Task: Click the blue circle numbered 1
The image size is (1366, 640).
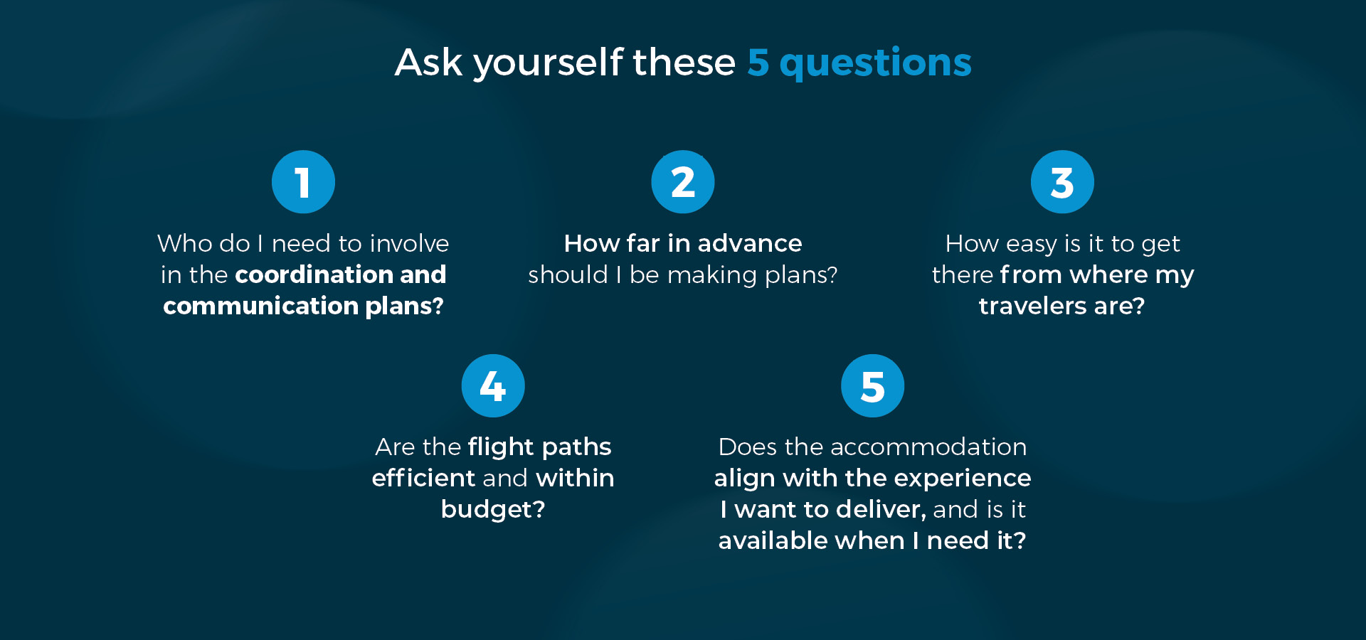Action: [x=303, y=181]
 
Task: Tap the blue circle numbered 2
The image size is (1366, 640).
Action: [x=683, y=181]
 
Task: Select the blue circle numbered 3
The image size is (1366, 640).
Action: [x=1062, y=181]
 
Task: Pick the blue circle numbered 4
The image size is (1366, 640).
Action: [x=493, y=385]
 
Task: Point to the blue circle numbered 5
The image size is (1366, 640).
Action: [x=872, y=385]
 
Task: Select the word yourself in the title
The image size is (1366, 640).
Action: [x=549, y=63]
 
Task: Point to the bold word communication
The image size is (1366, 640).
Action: [x=261, y=306]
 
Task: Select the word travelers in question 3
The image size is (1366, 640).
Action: [x=1032, y=306]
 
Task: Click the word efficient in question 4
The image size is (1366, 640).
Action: [x=423, y=478]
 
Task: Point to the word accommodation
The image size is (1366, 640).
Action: [x=928, y=447]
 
